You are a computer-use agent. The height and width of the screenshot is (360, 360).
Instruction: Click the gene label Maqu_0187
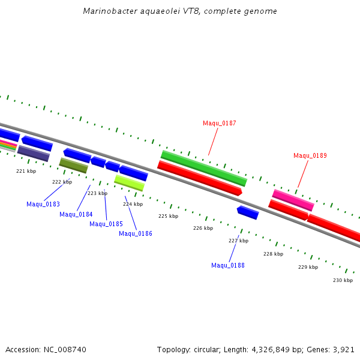[x=219, y=123]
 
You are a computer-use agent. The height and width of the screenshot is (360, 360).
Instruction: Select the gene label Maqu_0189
[x=310, y=155]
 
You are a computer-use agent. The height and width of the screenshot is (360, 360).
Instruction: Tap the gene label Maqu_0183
[x=43, y=204]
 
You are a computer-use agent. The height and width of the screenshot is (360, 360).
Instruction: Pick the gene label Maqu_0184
[x=76, y=214]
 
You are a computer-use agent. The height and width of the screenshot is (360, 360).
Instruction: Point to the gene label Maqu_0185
[x=106, y=224]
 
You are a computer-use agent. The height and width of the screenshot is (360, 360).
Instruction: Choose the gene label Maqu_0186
[x=136, y=233]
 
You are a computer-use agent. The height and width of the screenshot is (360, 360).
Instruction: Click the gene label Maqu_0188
[x=228, y=265]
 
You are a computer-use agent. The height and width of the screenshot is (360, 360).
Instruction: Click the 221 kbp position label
[x=26, y=171]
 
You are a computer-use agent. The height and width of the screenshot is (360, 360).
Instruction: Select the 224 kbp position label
[x=133, y=204]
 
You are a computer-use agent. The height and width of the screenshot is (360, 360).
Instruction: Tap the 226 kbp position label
[x=203, y=228]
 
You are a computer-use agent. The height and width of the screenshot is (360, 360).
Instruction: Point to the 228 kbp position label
[x=273, y=254]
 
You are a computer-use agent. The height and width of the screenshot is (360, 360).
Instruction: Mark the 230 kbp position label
[x=343, y=280]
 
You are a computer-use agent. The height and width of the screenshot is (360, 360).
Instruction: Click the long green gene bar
[x=204, y=168]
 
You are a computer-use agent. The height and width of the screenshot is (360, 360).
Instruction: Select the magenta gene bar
[x=293, y=200]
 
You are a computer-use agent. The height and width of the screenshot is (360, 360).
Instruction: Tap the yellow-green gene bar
[x=129, y=182]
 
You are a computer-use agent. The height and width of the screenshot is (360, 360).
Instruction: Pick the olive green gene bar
[x=73, y=165]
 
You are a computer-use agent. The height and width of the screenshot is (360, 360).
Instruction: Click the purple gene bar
[x=34, y=153]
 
